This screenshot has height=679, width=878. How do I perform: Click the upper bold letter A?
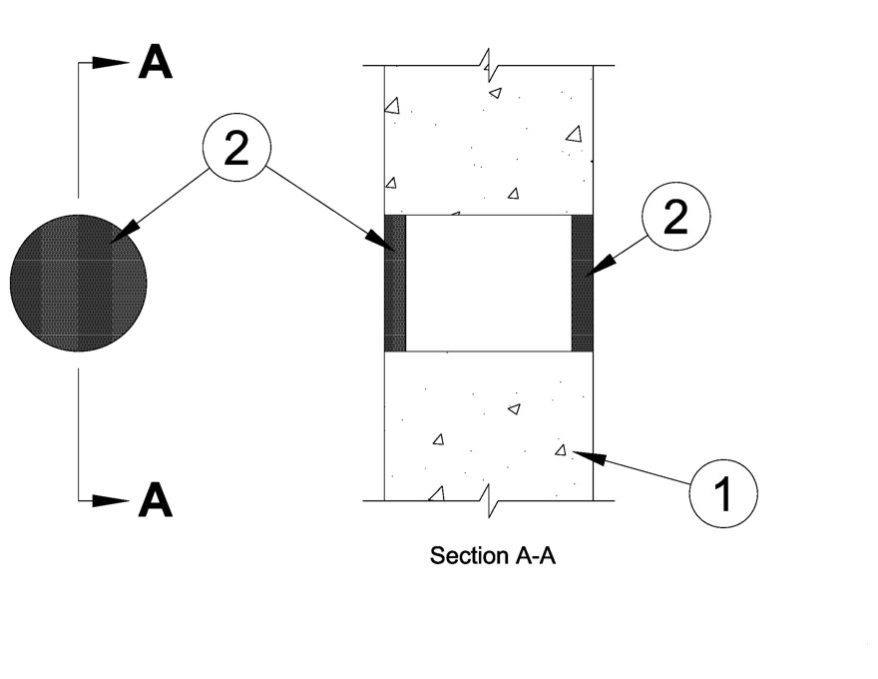click(155, 62)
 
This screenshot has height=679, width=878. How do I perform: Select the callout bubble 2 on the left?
click(236, 150)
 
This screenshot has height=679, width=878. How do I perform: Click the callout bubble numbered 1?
click(723, 491)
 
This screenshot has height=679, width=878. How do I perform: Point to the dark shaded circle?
click(79, 283)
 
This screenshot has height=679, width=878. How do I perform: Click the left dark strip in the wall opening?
click(396, 283)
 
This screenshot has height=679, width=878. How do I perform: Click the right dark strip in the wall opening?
click(583, 283)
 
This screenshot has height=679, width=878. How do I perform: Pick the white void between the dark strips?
click(489, 283)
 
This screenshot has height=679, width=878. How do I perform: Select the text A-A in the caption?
click(534, 555)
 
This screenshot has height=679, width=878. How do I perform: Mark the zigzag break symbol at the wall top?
click(488, 67)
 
